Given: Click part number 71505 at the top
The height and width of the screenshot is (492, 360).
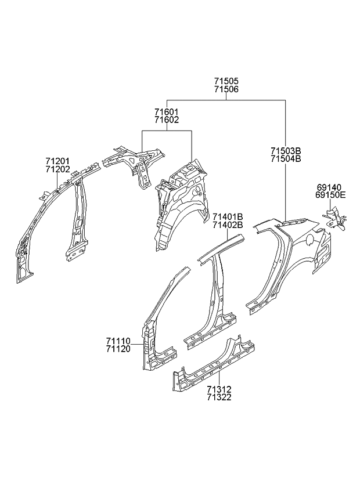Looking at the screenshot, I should [x=226, y=82].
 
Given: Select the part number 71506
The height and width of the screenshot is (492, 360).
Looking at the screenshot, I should [x=226, y=90].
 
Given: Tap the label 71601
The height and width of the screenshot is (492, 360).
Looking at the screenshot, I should [x=167, y=111].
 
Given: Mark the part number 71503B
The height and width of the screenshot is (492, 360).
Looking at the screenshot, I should [x=285, y=150].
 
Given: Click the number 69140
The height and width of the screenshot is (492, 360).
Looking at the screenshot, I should [x=329, y=187].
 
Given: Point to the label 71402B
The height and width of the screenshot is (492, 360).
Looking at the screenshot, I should [x=227, y=225].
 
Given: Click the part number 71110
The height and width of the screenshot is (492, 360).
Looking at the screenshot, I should [x=118, y=341].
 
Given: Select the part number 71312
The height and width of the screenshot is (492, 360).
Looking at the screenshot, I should [x=218, y=389].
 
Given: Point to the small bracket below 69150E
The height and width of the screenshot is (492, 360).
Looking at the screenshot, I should [x=336, y=220].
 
